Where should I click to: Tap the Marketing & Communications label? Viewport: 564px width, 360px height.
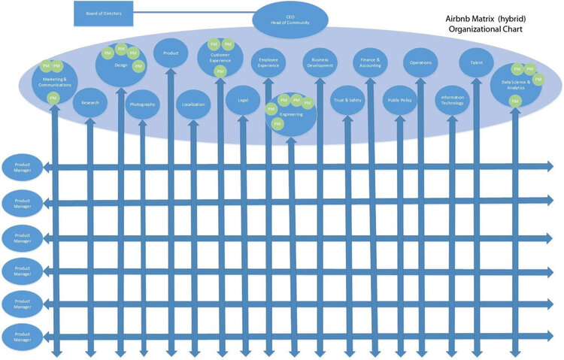(53, 81)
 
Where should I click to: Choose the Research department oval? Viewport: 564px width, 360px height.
(89, 102)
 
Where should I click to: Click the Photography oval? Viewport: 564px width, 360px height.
(142, 104)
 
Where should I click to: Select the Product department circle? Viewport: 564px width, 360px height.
(171, 53)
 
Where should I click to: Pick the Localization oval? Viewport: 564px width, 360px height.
(194, 104)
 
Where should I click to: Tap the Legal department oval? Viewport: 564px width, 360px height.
(243, 99)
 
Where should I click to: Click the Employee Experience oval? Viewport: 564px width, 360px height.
(268, 63)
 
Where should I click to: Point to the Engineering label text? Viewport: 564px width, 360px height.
(290, 113)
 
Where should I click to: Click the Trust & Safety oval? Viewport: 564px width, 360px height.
(347, 99)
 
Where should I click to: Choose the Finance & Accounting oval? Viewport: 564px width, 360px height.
(371, 62)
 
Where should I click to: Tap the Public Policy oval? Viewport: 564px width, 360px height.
(400, 99)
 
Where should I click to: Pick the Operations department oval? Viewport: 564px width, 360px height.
(420, 62)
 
